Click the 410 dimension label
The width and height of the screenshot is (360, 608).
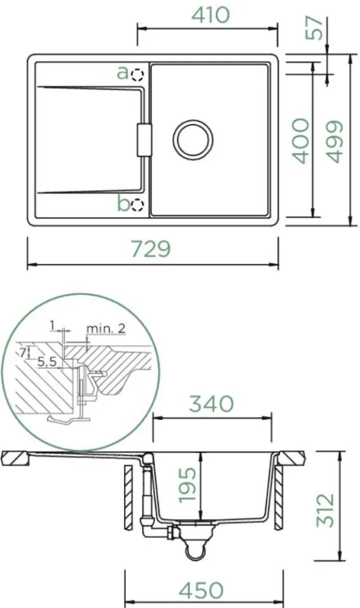[210, 15]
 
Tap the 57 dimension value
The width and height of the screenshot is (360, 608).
[314, 28]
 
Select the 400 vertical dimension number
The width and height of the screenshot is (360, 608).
[300, 141]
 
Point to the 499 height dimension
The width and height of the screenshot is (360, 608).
[334, 142]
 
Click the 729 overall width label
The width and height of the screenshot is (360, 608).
[151, 249]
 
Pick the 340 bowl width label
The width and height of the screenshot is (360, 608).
[211, 404]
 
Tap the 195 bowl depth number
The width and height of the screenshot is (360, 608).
[187, 485]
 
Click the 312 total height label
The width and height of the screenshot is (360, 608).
[325, 510]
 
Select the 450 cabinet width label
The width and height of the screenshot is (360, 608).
[201, 590]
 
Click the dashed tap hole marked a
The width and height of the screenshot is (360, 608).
[137, 75]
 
